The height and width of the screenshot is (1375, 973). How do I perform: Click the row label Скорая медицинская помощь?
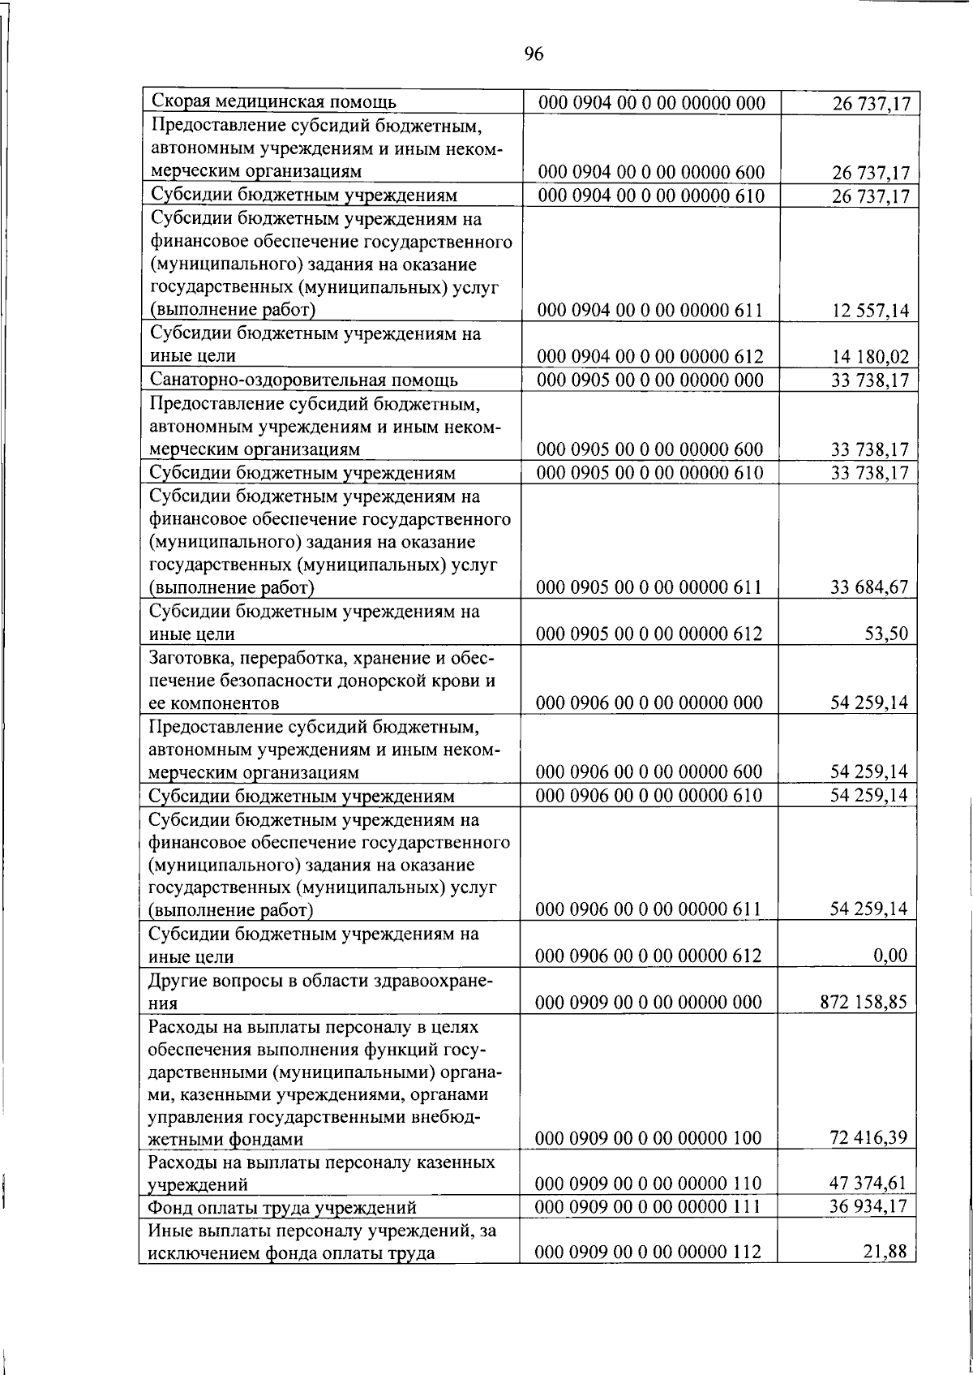coord(274,102)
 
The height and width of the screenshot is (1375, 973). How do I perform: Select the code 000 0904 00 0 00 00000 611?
coord(650,310)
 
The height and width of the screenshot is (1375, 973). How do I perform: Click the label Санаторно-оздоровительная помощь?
coord(304,380)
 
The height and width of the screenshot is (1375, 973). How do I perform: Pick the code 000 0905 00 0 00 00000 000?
coord(650,380)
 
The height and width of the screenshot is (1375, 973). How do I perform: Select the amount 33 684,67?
coord(868,587)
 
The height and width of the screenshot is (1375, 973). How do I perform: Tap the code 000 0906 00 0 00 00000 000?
coord(649,703)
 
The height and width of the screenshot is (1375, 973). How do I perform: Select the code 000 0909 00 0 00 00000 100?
coord(649,1138)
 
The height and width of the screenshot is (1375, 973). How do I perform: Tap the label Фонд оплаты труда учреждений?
coord(281,1208)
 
